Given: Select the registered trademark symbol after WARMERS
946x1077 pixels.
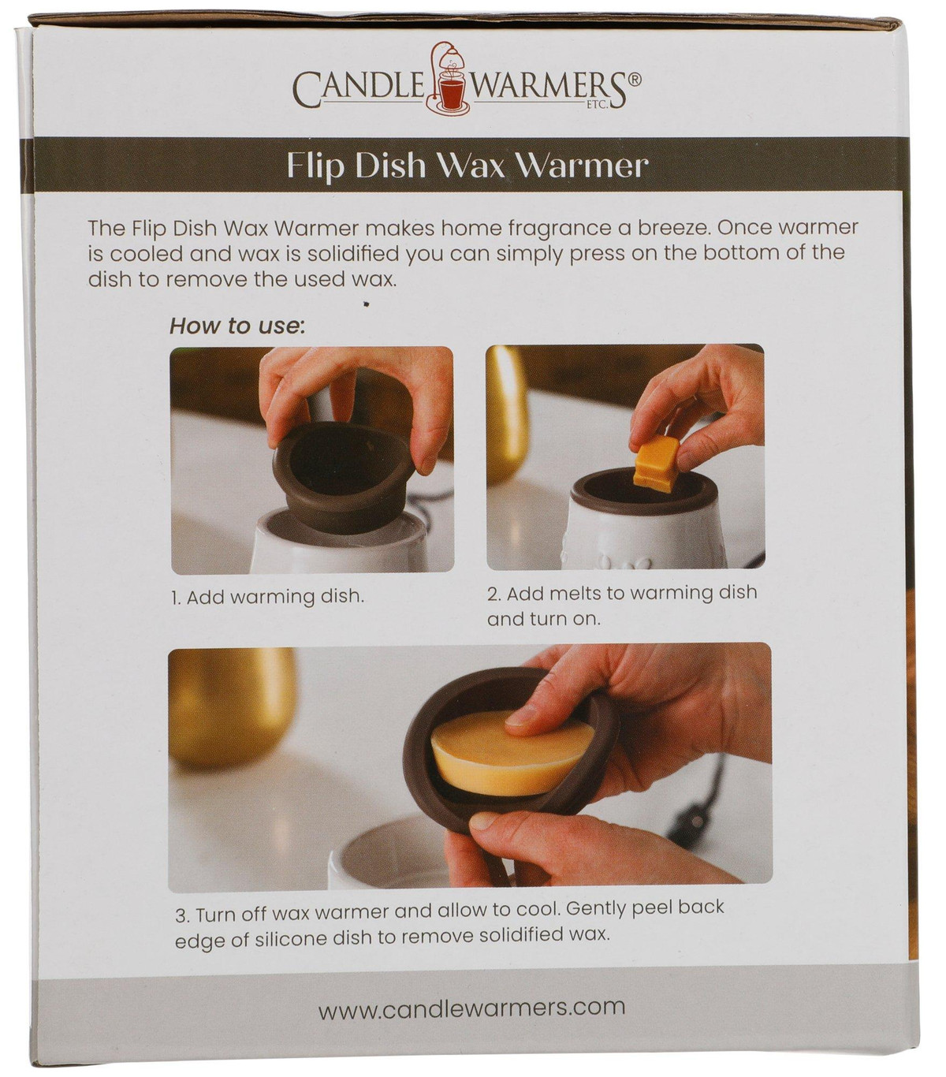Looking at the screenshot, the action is point(635,79).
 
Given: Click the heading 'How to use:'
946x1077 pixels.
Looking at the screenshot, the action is point(237,326).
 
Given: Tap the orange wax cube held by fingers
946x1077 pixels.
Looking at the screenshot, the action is point(657,463).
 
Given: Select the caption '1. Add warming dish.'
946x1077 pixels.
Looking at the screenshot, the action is point(267,596).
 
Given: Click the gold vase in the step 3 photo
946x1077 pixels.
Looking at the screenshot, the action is point(232,705).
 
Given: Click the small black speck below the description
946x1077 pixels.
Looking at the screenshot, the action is point(366,304).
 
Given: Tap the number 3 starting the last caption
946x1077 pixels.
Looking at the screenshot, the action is point(181,917).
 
